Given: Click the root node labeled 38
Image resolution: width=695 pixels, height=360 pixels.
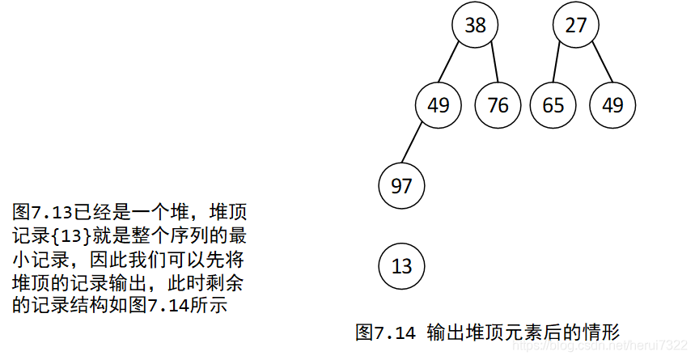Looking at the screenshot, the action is click(475, 25).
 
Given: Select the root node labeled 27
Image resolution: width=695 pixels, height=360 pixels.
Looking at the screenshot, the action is click(575, 25).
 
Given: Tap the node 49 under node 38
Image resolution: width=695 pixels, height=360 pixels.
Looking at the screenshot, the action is click(438, 105).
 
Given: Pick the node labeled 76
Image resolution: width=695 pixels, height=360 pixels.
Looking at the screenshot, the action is click(498, 105).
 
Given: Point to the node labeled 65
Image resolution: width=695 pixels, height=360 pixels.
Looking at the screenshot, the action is click(553, 105).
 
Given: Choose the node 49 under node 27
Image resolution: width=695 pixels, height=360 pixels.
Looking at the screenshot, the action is click(612, 105).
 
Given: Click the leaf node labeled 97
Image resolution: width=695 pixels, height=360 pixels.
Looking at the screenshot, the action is click(401, 186).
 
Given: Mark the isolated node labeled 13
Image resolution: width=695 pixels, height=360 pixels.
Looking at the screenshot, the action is click(401, 265).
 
